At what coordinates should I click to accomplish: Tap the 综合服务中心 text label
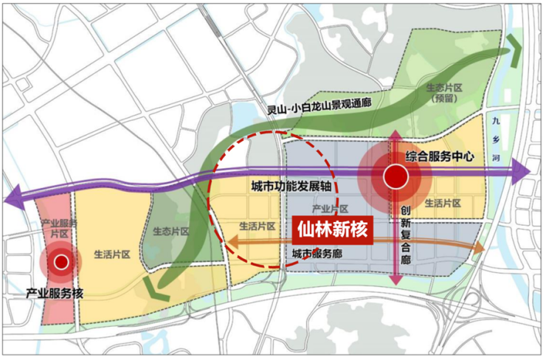pyautogui.click(x=438, y=156)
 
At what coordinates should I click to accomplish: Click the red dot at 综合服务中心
pyautogui.click(x=395, y=176)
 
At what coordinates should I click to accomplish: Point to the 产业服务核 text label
pyautogui.click(x=55, y=294)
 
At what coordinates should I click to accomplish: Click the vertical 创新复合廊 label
pyautogui.click(x=405, y=232)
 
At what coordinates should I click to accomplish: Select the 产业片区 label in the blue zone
pyautogui.click(x=329, y=210)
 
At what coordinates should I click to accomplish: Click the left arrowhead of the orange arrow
pyautogui.click(x=229, y=241)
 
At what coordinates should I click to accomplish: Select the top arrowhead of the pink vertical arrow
pyautogui.click(x=395, y=135)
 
